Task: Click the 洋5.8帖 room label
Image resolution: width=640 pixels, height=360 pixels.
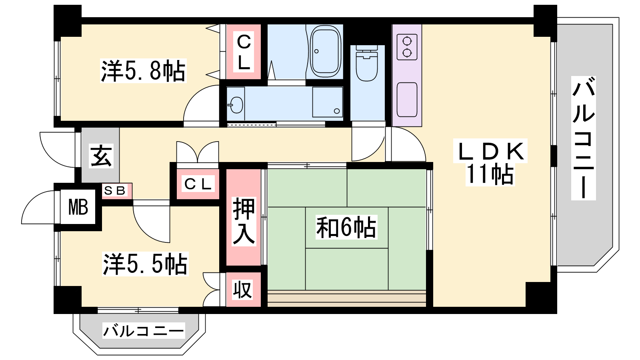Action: pos(143,71)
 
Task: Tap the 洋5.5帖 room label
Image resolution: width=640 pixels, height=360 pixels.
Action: pos(145,264)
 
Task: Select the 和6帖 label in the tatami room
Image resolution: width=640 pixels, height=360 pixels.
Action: pos(346,228)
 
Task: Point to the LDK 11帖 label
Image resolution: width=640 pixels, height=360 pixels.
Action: pos(490,162)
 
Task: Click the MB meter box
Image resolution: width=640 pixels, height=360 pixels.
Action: pos(78,207)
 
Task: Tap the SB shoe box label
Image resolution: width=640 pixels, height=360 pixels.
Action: pos(114,190)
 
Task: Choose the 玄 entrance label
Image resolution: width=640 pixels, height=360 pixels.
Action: pos(101,156)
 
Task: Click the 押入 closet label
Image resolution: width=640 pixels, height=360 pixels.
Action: pos(244,222)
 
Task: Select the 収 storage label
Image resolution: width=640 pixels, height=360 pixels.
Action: pos(242,290)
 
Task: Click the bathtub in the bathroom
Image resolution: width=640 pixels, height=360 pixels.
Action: pos(326,51)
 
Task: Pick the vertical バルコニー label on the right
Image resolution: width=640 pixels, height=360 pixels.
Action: pos(584,138)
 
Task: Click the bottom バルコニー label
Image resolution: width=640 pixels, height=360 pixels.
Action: pos(144,331)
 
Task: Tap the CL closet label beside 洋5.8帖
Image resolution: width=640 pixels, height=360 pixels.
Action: pos(244,52)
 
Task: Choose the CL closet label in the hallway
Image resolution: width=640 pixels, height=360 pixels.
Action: pos(198,184)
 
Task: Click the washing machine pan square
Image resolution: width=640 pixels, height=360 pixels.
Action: pos(328,102)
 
